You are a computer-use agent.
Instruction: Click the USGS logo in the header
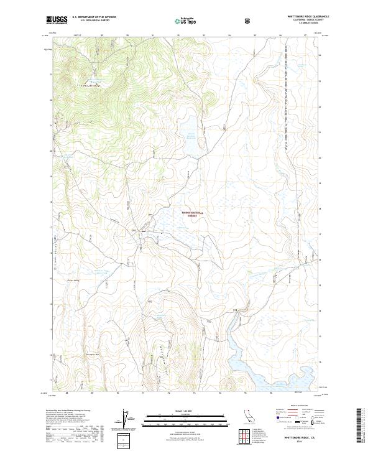point(56,20)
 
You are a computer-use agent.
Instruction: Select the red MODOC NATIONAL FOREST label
point(192,213)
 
